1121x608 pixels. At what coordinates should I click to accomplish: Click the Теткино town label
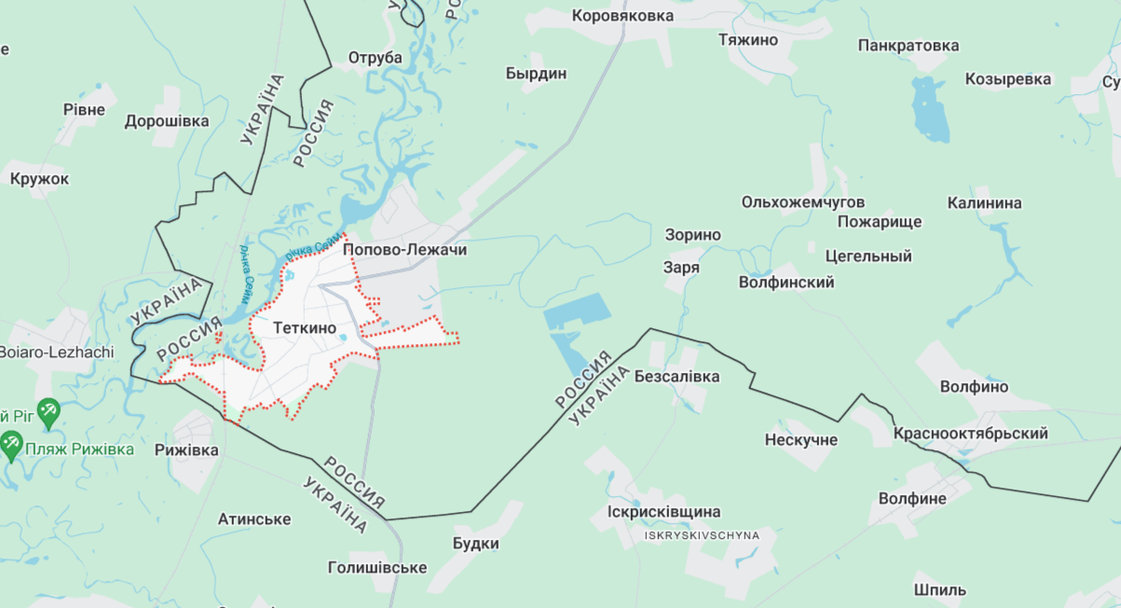306,328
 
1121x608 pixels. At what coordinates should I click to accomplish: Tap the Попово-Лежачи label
404,250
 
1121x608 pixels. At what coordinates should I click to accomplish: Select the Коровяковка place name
622,16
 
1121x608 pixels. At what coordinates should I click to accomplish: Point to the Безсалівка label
677,377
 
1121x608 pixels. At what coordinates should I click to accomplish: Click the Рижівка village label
186,450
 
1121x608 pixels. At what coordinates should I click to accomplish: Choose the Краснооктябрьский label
970,434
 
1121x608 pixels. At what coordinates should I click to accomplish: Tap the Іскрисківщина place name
663,512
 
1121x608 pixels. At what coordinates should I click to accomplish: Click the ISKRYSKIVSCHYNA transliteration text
702,535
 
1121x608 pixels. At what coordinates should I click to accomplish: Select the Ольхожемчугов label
803,202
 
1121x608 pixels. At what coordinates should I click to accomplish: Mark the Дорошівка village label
167,121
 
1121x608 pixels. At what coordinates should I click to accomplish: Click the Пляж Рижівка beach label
81,449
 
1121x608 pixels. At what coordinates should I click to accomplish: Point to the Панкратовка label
909,46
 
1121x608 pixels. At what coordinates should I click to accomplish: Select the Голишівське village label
377,567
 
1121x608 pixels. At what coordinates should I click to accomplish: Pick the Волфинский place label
786,282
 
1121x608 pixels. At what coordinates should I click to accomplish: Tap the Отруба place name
376,58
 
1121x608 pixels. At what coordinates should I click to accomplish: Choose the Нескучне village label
801,439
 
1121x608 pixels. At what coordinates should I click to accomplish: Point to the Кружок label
40,178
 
